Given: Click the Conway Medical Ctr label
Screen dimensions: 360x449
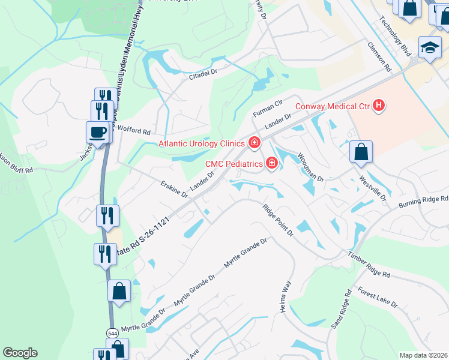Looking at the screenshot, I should click(x=332, y=107).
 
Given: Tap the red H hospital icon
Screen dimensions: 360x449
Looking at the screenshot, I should click(x=379, y=106).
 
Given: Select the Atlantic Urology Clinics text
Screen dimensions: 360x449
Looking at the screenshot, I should click(x=202, y=143).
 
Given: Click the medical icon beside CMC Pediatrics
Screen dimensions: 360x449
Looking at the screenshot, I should click(x=271, y=163).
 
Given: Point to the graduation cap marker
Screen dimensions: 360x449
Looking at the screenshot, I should click(x=429, y=48).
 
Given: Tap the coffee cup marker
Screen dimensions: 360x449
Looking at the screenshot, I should click(x=98, y=132).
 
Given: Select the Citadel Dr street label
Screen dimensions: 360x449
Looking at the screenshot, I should click(x=206, y=75).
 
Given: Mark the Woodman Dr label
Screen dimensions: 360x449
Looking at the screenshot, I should click(x=311, y=167).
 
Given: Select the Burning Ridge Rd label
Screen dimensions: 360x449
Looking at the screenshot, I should click(x=423, y=202).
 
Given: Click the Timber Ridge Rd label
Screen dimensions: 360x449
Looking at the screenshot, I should click(x=369, y=265).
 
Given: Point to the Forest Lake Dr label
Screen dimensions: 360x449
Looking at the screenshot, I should click(x=377, y=296).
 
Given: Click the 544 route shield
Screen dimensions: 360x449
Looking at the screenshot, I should click(x=112, y=332).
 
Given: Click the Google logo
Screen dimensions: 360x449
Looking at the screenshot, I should click(x=20, y=352).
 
